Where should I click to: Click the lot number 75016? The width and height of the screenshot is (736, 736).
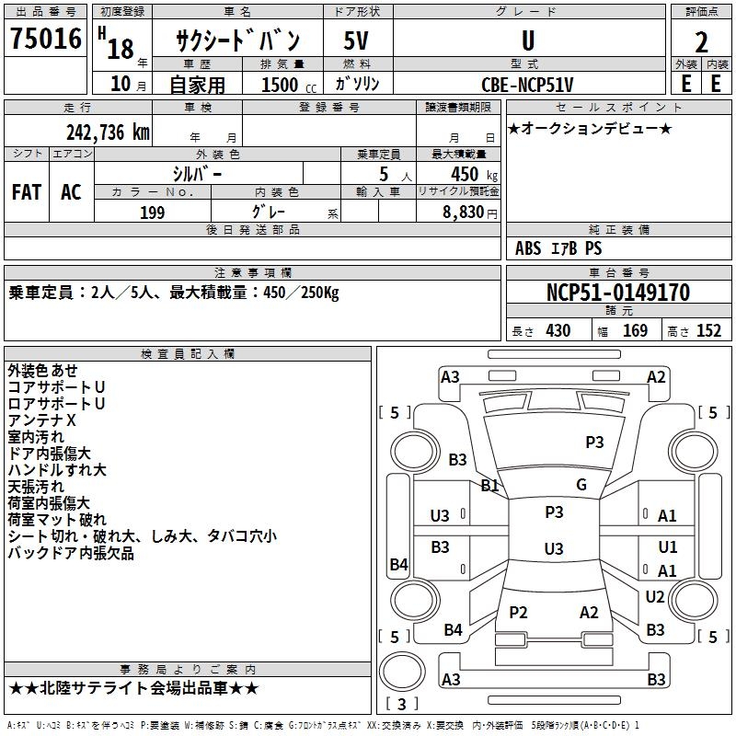click(46, 40)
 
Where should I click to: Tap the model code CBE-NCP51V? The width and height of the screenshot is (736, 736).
click(527, 84)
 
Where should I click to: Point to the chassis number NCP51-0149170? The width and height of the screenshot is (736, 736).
click(617, 293)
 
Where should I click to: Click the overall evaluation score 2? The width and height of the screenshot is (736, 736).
click(701, 41)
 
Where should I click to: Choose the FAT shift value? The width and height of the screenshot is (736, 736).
click(27, 192)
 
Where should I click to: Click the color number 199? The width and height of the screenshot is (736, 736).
click(153, 213)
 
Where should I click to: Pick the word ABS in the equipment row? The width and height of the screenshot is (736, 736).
click(528, 247)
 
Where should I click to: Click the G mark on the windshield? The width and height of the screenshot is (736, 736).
click(581, 485)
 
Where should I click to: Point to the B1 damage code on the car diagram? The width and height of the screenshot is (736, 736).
click(489, 485)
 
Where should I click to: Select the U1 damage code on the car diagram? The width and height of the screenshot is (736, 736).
click(668, 546)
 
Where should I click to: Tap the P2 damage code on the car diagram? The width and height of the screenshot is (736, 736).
click(518, 613)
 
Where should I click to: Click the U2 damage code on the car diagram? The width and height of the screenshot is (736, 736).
click(655, 596)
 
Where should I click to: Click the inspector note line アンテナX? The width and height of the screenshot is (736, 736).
click(41, 420)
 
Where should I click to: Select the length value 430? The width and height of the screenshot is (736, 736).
click(558, 331)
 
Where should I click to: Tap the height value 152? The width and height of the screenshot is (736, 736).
click(708, 331)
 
